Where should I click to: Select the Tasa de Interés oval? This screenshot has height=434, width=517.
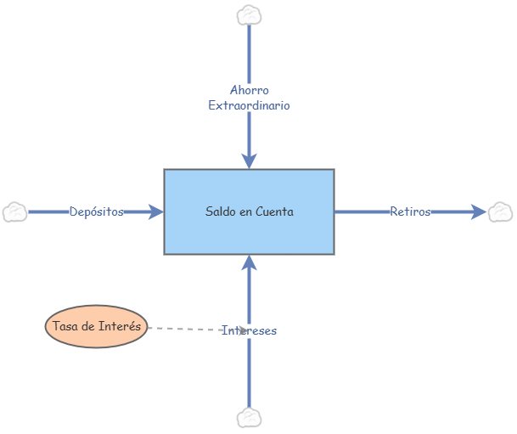(x=96, y=326)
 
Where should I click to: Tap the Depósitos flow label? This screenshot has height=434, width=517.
(x=97, y=211)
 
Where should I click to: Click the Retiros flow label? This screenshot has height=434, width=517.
(x=410, y=211)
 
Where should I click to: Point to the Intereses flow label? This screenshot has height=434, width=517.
(x=249, y=330)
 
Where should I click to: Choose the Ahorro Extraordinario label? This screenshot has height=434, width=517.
(x=249, y=98)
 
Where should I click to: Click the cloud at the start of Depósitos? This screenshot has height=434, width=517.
(x=15, y=211)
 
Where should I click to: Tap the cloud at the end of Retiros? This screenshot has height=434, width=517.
(x=500, y=211)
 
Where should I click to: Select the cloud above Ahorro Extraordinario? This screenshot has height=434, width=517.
(x=249, y=14)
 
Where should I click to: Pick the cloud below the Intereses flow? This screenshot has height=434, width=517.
(x=249, y=418)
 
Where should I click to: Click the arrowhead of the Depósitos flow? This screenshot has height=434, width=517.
(x=155, y=211)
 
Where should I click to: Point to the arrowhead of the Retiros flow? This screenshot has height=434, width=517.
(x=479, y=211)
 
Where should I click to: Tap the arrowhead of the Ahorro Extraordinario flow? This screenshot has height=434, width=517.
(x=249, y=161)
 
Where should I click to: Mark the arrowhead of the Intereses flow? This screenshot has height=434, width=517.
(x=249, y=262)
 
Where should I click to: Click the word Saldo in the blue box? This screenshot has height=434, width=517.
(x=220, y=211)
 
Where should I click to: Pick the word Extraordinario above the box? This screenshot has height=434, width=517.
(x=249, y=106)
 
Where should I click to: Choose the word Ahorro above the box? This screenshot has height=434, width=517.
(x=249, y=90)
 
